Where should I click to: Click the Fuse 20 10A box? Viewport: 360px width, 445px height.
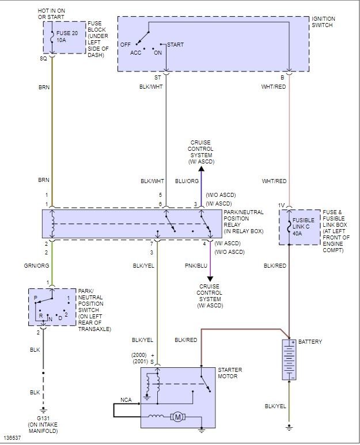[65, 38]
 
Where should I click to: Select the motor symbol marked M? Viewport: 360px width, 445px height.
[178, 416]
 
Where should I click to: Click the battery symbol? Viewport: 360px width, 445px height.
[289, 359]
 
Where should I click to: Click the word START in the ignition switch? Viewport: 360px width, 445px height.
[176, 44]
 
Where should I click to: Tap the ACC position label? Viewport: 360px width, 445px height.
[135, 52]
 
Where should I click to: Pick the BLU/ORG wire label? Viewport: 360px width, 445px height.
[187, 180]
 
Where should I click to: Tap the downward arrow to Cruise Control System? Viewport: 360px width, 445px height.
[210, 279]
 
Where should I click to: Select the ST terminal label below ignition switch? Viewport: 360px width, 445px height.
[158, 77]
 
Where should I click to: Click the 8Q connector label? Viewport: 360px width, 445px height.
[44, 59]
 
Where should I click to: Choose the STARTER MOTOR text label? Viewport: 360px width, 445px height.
[230, 373]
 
